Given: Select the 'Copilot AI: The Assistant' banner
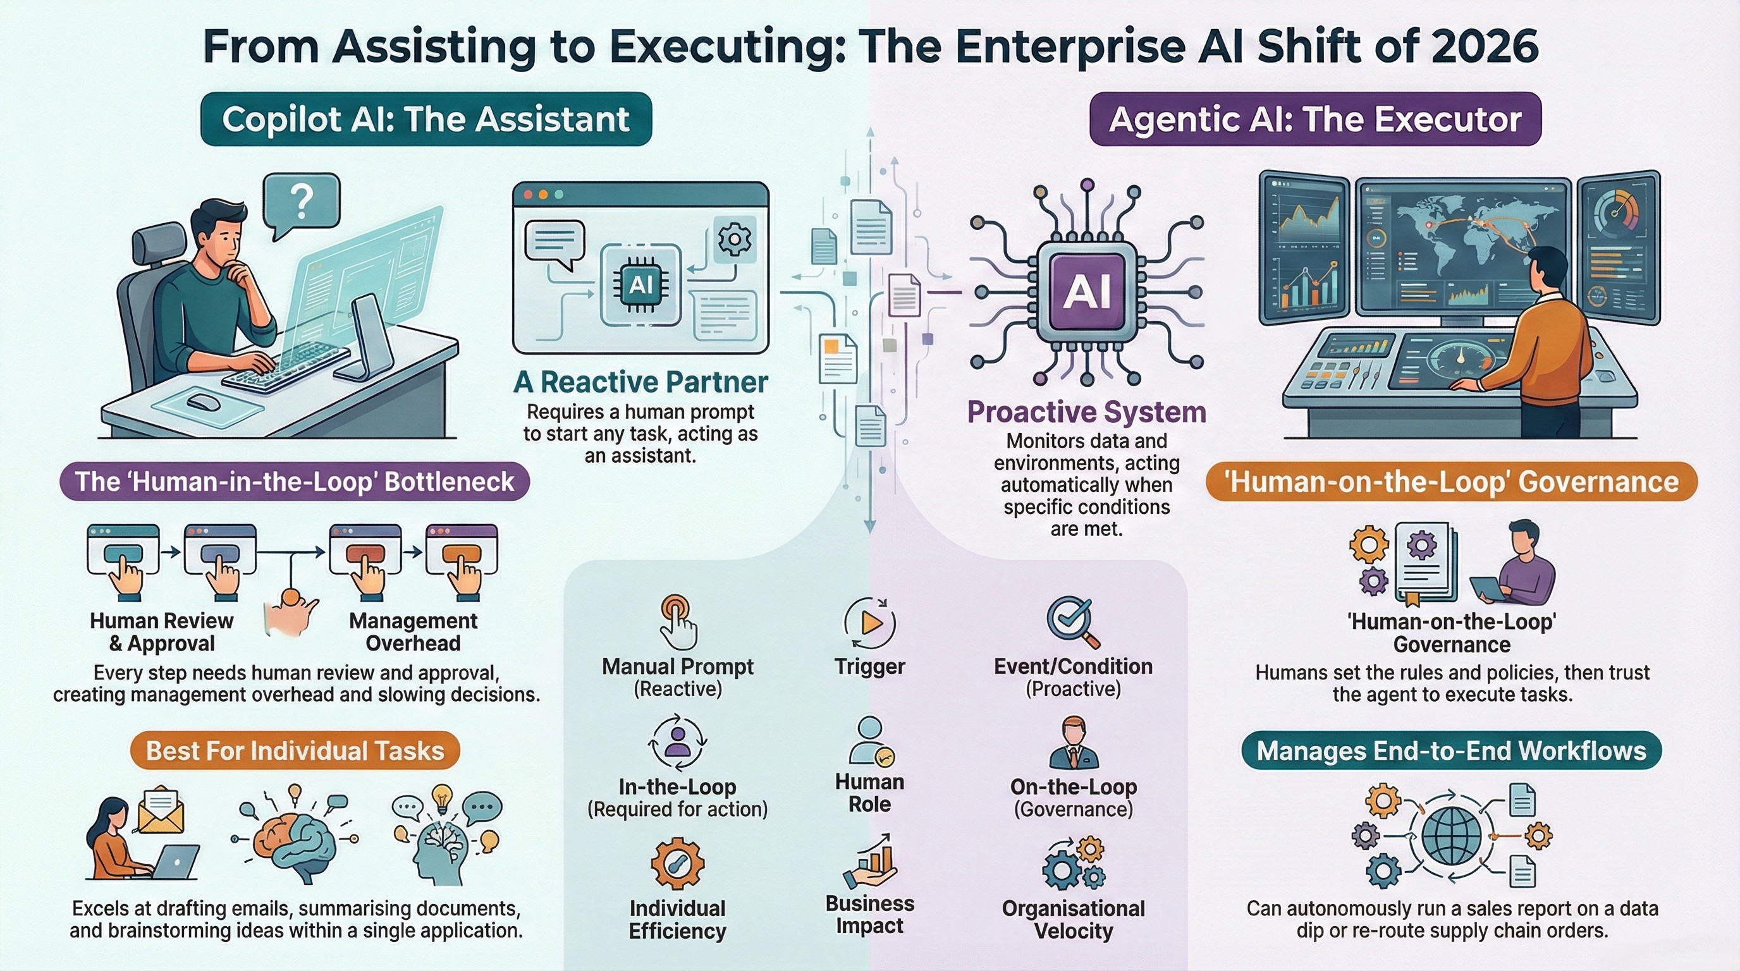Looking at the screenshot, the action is click(426, 119).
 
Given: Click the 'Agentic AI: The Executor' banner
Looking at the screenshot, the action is click(1314, 119).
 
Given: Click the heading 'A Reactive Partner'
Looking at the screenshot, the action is click(640, 382).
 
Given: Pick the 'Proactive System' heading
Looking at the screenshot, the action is click(1086, 412).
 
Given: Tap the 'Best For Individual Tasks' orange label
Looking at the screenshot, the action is click(295, 751).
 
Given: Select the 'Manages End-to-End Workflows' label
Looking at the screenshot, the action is click(1451, 751).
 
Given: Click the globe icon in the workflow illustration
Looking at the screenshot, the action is click(1451, 836).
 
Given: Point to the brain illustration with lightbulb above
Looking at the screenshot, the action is click(295, 841).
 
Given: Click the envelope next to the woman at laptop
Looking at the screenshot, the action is click(161, 809).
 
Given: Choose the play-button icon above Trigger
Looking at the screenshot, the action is click(870, 623).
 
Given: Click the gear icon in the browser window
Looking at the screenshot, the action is click(735, 238).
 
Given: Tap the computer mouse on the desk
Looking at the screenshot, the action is click(202, 403).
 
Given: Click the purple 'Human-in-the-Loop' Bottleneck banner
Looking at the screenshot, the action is click(295, 482).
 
